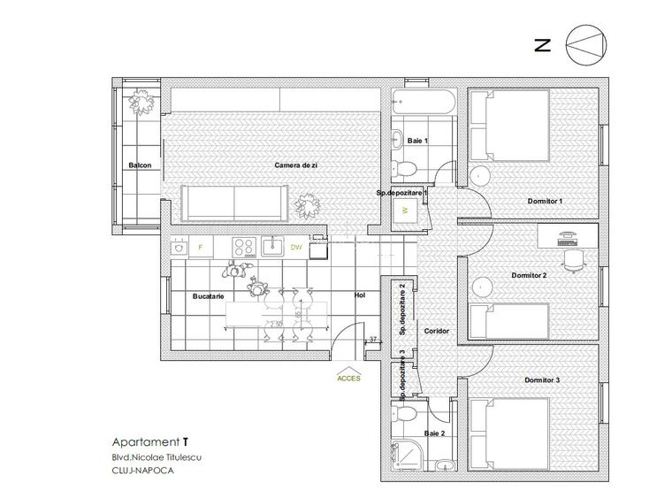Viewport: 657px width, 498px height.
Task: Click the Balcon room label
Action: pyautogui.click(x=140, y=165)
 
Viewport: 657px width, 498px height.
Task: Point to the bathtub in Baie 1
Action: pyautogui.click(x=424, y=102)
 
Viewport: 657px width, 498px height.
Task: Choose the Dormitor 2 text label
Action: pyautogui.click(x=529, y=275)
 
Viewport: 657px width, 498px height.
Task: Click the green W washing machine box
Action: pyautogui.click(x=404, y=211)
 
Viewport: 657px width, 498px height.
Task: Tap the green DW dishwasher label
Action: pyautogui.click(x=295, y=247)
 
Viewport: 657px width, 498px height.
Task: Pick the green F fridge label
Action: pyautogui.click(x=201, y=247)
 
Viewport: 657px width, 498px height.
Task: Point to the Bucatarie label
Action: pyautogui.click(x=208, y=295)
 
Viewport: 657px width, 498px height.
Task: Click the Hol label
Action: pyautogui.click(x=358, y=295)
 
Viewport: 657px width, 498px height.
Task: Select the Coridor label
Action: pyautogui.click(x=436, y=331)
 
